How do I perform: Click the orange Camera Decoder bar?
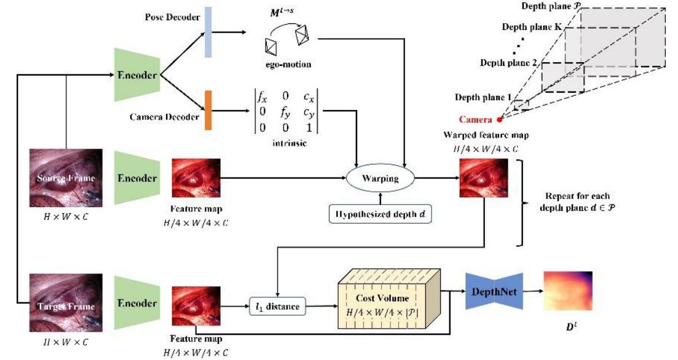click(x=208, y=111)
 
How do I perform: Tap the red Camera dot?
click(x=499, y=119)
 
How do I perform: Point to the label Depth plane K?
click(x=529, y=28)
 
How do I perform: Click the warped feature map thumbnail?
click(x=484, y=178)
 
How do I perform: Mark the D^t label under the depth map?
click(x=568, y=335)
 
